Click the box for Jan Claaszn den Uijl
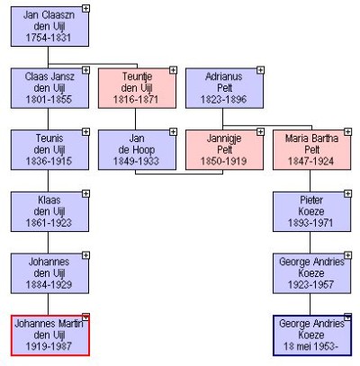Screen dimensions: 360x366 pyautogui.click(x=49, y=27)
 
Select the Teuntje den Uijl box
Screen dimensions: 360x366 pyautogui.click(x=137, y=88)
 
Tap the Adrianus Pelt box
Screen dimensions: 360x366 pyautogui.click(x=224, y=88)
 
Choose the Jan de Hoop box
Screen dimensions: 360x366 pyautogui.click(x=137, y=150)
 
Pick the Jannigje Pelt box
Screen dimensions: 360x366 pyautogui.click(x=224, y=150)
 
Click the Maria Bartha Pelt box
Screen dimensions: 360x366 pyautogui.click(x=311, y=150)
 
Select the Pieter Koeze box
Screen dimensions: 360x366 pyautogui.click(x=311, y=211)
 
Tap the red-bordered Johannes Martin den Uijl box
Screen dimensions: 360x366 pyautogui.click(x=50, y=335)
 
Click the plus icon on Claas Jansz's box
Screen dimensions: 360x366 pyautogui.click(x=85, y=70)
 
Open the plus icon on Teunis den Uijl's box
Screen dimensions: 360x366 pyautogui.click(x=85, y=132)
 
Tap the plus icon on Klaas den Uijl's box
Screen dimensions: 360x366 pyautogui.click(x=85, y=194)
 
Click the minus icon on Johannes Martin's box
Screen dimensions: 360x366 pyautogui.click(x=85, y=317)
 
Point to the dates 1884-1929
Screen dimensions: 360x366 pyautogui.click(x=49, y=284)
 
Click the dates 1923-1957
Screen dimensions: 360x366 pyautogui.click(x=310, y=284)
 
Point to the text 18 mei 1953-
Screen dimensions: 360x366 pyautogui.click(x=310, y=346)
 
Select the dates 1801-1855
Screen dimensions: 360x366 pyautogui.click(x=49, y=99)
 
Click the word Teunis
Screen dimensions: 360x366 pyautogui.click(x=49, y=138)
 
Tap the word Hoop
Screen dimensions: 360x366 pyautogui.click(x=145, y=149)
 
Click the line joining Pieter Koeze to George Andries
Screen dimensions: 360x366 pyautogui.click(x=310, y=243)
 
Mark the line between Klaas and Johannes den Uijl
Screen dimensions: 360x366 pyautogui.click(x=48, y=243)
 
